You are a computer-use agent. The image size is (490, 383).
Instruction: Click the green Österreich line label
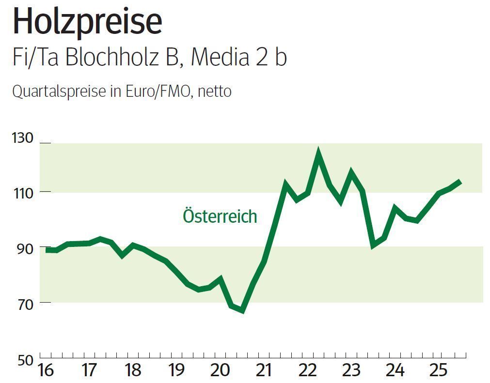click(x=220, y=216)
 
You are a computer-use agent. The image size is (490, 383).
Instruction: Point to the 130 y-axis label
click(x=22, y=138)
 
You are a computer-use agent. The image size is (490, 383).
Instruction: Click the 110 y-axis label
click(x=22, y=193)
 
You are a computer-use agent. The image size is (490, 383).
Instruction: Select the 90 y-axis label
click(x=22, y=247)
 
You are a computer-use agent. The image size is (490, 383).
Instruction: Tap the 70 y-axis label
click(x=22, y=303)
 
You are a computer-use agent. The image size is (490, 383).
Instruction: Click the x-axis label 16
click(x=46, y=371)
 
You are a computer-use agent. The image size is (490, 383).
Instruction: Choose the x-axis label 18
click(x=133, y=371)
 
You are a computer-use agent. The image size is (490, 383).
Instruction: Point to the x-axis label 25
click(x=439, y=371)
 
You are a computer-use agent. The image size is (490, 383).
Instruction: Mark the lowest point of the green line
click(x=242, y=310)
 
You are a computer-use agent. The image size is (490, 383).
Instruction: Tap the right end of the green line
click(x=459, y=182)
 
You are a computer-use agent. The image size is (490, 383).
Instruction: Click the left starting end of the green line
click(x=47, y=250)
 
